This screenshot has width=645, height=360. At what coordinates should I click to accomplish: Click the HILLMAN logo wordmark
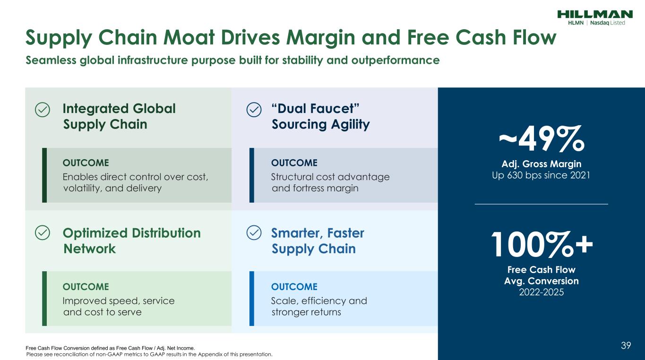(594, 14)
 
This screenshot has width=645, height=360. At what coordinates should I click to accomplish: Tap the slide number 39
(626, 346)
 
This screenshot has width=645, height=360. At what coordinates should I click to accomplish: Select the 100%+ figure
(542, 246)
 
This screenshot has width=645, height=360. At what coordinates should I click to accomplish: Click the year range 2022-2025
(542, 292)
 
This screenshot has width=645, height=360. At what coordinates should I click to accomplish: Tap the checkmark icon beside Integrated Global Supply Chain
(42, 110)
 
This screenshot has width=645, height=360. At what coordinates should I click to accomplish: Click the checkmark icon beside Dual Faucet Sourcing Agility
(254, 110)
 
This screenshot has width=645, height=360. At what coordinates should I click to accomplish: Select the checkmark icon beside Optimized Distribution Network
(42, 232)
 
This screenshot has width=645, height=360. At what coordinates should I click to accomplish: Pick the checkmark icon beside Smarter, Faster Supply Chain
(254, 232)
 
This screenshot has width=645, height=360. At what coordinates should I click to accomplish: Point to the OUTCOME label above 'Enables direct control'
(86, 163)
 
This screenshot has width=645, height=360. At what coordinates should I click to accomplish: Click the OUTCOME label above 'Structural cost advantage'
(294, 163)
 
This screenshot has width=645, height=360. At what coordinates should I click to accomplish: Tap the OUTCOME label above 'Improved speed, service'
(86, 287)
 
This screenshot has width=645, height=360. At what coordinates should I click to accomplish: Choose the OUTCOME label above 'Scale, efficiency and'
(294, 287)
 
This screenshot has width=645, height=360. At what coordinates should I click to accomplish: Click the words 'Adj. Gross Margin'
(542, 164)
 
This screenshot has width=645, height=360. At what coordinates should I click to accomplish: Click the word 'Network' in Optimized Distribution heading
(89, 249)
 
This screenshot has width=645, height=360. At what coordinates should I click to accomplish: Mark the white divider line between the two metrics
(542, 204)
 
